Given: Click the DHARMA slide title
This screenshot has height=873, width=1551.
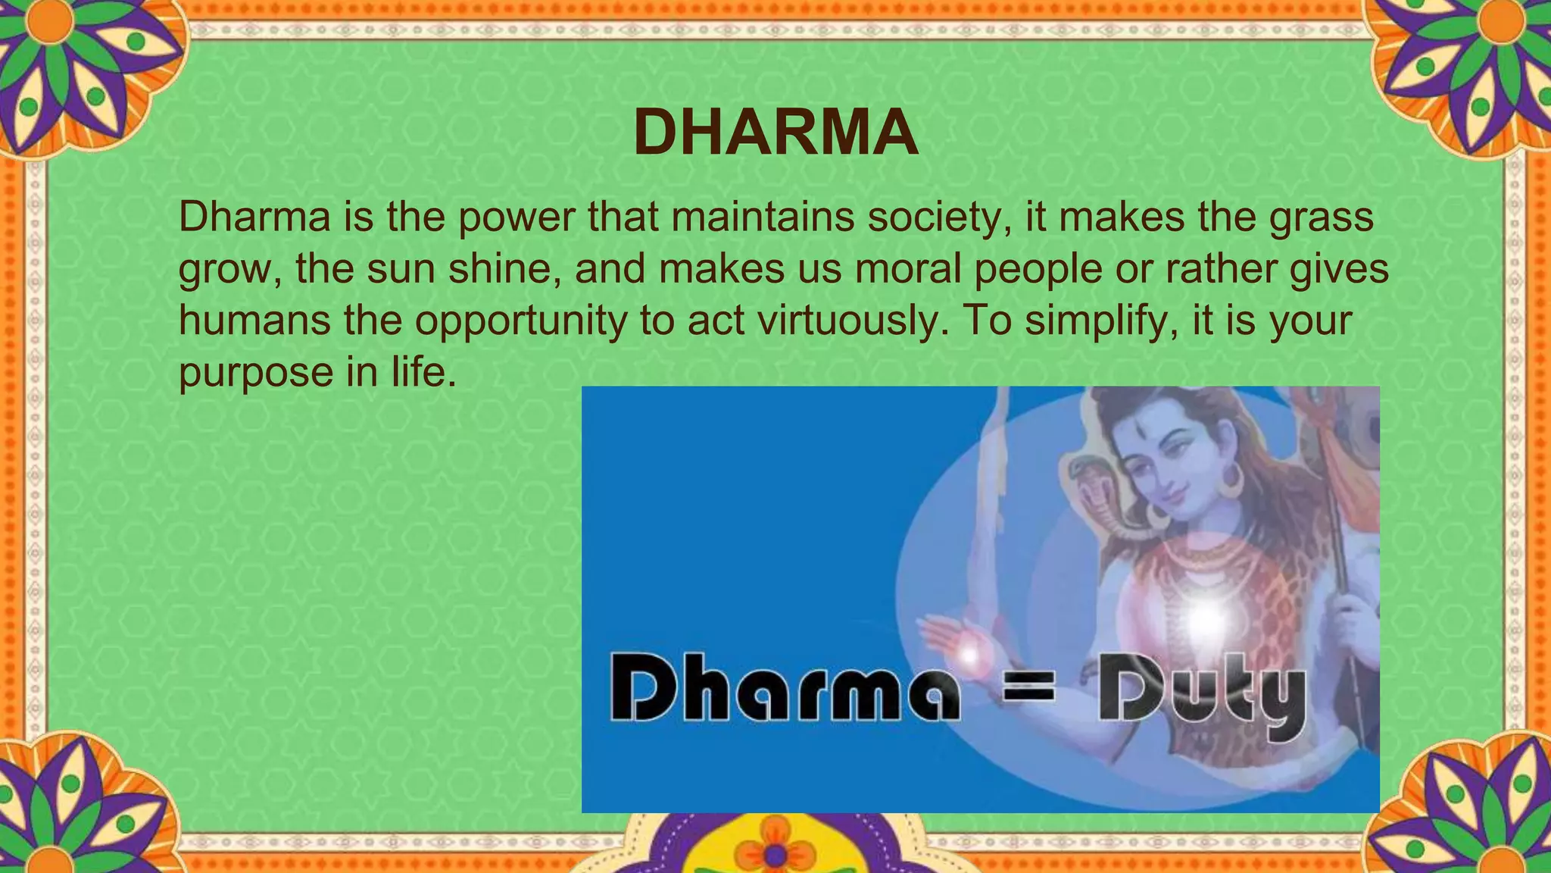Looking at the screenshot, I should coord(775,133).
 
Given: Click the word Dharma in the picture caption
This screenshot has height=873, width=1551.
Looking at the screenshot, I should coord(784,695).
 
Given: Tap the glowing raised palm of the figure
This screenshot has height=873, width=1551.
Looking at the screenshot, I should coord(966,649).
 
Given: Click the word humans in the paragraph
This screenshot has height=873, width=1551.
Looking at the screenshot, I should coord(254,321).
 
